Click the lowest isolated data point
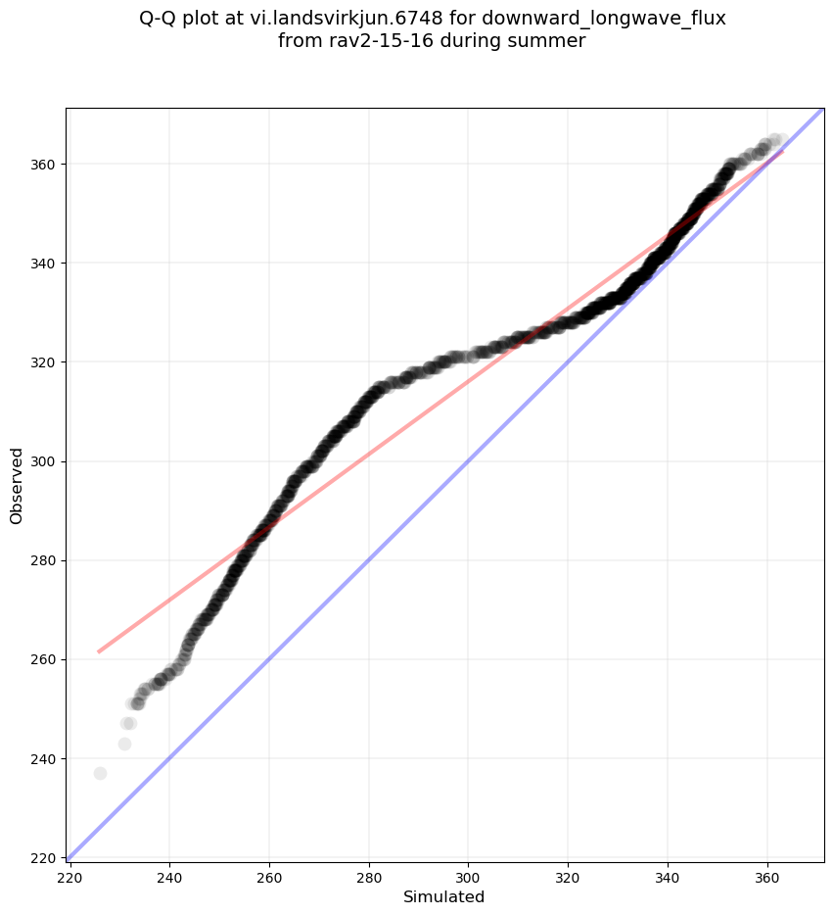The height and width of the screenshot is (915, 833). pos(100,773)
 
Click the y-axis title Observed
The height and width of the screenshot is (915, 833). pos(17,485)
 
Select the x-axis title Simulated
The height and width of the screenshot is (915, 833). pos(444,896)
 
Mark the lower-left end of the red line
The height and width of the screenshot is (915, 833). pos(98,651)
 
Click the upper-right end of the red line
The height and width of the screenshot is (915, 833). pos(781,151)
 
